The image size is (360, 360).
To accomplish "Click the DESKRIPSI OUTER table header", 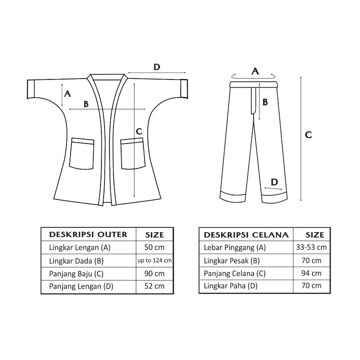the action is click(88, 234).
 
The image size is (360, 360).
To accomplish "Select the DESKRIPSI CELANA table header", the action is click(246, 235).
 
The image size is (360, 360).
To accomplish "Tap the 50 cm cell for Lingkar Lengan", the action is click(154, 247).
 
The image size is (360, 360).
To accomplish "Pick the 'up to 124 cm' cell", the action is click(155, 261).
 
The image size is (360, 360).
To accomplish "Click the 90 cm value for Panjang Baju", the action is click(154, 274).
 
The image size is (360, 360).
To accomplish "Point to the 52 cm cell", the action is click(154, 286).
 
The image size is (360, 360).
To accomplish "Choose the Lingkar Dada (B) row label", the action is click(76, 261).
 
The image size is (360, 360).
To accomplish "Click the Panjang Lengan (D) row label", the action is click(81, 287).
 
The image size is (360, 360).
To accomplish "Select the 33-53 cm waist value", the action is click(311, 247).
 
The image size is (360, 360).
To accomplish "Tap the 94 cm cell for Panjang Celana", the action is click(311, 273).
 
